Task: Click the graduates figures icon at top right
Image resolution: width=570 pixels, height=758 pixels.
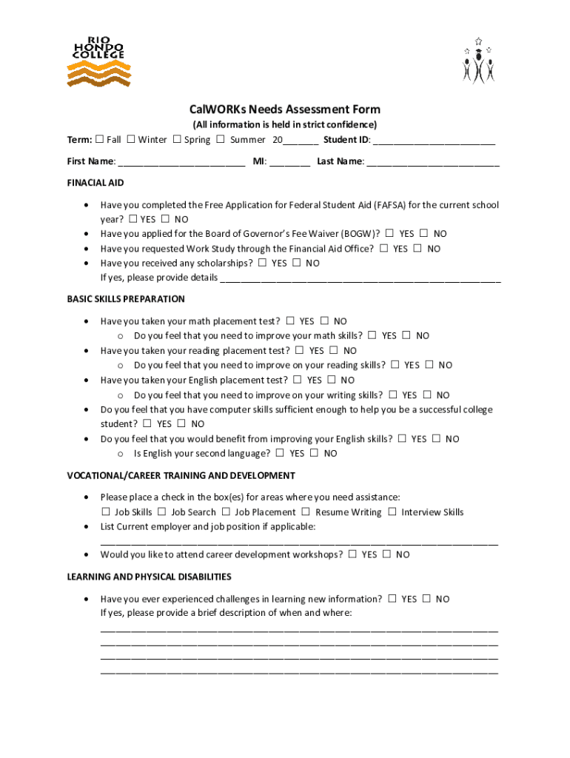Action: [x=478, y=61]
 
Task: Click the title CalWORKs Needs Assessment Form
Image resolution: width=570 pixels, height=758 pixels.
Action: [x=285, y=110]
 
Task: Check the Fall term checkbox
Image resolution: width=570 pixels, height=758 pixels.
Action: [x=99, y=139]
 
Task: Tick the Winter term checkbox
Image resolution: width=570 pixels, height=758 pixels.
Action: [x=130, y=139]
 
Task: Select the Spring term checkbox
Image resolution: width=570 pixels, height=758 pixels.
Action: [x=177, y=139]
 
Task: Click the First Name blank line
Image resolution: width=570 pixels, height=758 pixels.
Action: [x=181, y=162]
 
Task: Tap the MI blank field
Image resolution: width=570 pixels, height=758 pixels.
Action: [x=289, y=162]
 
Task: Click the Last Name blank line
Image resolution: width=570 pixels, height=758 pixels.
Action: [x=433, y=162]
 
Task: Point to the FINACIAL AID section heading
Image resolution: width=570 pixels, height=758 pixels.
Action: [x=95, y=183]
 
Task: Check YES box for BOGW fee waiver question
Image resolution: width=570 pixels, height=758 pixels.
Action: [x=389, y=233]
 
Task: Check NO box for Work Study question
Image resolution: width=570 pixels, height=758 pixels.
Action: [x=418, y=249]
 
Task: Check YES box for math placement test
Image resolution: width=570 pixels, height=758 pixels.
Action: [x=290, y=321]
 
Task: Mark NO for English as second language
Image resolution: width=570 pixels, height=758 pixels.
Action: [x=315, y=453]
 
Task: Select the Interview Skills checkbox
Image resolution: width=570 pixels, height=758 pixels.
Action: [x=392, y=512]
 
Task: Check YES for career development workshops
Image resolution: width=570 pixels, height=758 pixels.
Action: [x=352, y=554]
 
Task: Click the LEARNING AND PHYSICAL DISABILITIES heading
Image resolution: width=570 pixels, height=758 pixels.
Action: [x=149, y=577]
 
